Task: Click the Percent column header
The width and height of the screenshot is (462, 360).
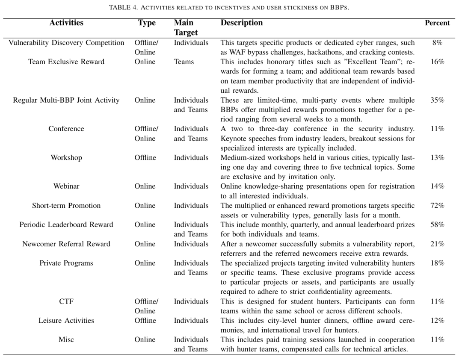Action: pyautogui.click(x=437, y=23)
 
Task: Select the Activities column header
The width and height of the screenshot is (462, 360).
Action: pyautogui.click(x=66, y=23)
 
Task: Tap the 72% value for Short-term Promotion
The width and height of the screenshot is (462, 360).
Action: pyautogui.click(x=437, y=206)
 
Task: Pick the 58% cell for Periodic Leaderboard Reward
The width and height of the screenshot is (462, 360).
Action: pyautogui.click(x=437, y=224)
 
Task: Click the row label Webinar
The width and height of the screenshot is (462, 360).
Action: pyautogui.click(x=66, y=186)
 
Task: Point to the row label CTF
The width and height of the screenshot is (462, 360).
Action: pyautogui.click(x=66, y=301)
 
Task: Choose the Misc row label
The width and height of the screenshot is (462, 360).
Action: pyautogui.click(x=66, y=339)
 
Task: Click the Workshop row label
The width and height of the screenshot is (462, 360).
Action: pyautogui.click(x=66, y=158)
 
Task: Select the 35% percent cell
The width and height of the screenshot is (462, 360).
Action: pyautogui.click(x=437, y=100)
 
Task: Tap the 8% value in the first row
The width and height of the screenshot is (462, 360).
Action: pyautogui.click(x=437, y=43)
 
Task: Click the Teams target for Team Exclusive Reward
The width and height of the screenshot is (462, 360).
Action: pyautogui.click(x=184, y=62)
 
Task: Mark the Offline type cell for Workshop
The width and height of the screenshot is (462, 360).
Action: pyautogui.click(x=145, y=158)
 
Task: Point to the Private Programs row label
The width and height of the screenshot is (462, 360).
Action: pyautogui.click(x=66, y=263)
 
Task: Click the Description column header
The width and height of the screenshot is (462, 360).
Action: pyautogui.click(x=242, y=23)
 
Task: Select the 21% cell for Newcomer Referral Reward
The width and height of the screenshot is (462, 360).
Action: pyautogui.click(x=437, y=244)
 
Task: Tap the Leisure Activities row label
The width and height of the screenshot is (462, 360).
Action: pyautogui.click(x=66, y=321)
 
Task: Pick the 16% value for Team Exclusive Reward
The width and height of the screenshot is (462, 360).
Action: pyautogui.click(x=437, y=62)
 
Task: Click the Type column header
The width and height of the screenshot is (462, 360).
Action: pyautogui.click(x=147, y=23)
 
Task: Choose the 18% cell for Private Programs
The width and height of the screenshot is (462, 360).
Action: pyautogui.click(x=437, y=263)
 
